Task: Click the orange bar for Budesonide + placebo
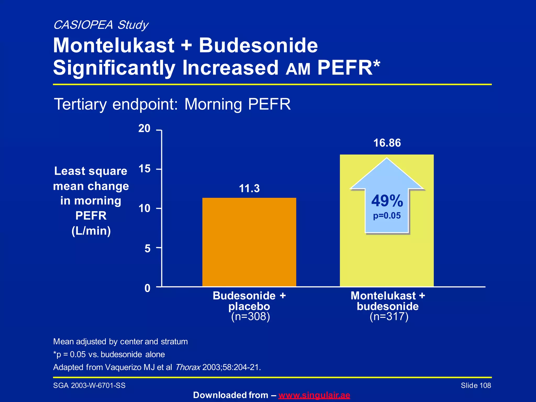(249, 242)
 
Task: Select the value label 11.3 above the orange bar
(249, 188)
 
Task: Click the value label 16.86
(387, 143)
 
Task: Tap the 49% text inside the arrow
(387, 201)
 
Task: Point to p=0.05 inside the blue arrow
(387, 216)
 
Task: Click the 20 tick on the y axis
(144, 129)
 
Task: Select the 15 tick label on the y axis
(144, 169)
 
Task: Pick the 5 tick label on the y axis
(148, 248)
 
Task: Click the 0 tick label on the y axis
(148, 288)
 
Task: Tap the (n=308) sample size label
(250, 316)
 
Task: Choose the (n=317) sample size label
(389, 316)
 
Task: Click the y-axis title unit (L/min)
(91, 231)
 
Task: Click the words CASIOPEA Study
(101, 25)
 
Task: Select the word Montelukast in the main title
(114, 45)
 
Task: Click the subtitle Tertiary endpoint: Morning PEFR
(172, 104)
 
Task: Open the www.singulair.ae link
(314, 395)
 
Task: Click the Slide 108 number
(476, 386)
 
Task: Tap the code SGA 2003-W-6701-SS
(89, 386)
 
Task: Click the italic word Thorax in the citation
(188, 367)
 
